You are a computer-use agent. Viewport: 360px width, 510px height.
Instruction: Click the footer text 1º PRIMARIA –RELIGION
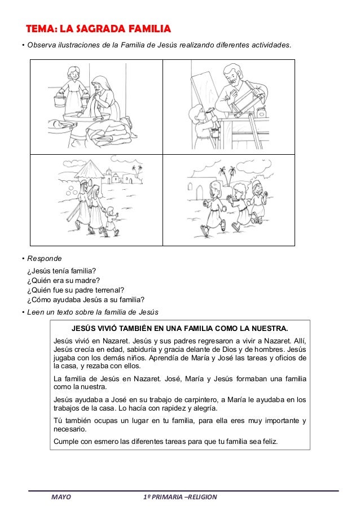tap(180, 498)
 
